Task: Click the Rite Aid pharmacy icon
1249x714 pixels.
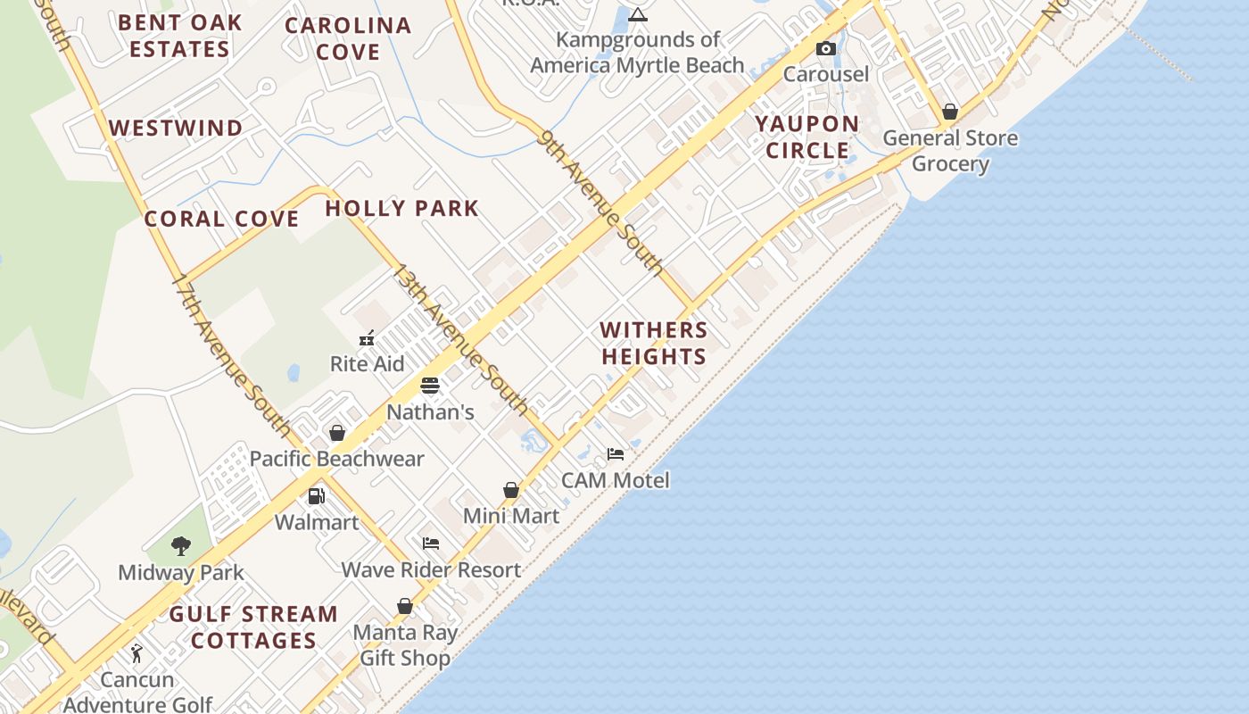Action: point(367,338)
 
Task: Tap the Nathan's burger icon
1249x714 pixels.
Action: point(430,386)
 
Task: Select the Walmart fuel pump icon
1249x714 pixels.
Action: point(316,496)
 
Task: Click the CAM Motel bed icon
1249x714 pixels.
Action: point(616,454)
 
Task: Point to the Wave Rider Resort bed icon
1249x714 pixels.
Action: point(431,544)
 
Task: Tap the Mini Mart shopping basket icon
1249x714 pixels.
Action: point(511,490)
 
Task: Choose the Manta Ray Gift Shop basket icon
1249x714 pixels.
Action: point(405,607)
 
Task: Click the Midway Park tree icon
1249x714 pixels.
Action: point(181,546)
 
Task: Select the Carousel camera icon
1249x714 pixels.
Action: point(826,49)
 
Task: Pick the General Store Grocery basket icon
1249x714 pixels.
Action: point(950,112)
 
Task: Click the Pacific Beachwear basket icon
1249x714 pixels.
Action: point(337,433)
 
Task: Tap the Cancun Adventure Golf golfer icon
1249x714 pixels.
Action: point(136,654)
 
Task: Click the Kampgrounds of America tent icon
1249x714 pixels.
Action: point(637,14)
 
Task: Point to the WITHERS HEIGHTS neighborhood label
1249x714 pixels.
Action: point(654,344)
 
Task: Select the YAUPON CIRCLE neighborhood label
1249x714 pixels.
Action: point(807,137)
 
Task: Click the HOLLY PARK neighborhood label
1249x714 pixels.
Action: point(401,209)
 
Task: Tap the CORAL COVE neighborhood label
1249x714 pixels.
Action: point(222,220)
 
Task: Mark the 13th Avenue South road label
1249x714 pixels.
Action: point(462,339)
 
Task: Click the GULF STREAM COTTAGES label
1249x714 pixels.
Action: point(254,627)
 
